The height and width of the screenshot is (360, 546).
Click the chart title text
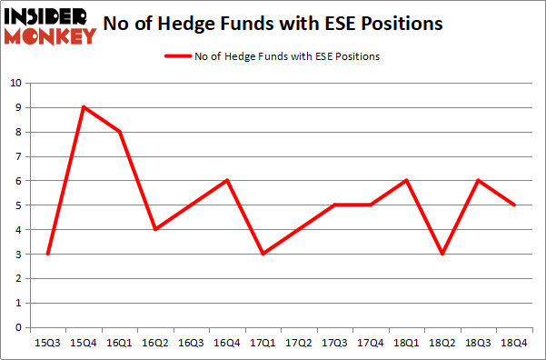click(273, 24)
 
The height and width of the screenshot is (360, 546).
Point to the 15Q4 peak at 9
click(83, 107)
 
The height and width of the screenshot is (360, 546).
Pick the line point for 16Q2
click(156, 229)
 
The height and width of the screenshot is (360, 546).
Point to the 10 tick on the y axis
click(15, 84)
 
